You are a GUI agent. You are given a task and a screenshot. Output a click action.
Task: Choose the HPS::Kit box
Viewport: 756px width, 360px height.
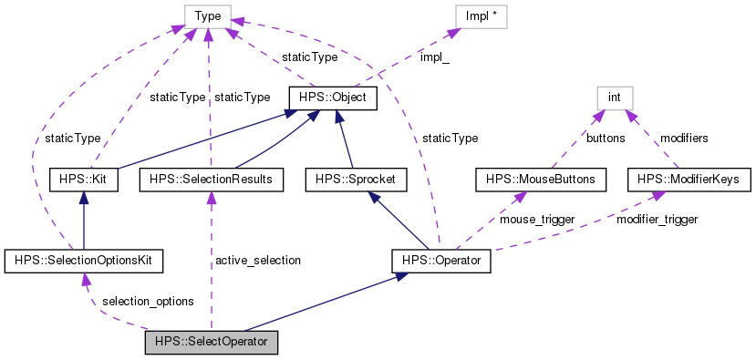pos(84,180)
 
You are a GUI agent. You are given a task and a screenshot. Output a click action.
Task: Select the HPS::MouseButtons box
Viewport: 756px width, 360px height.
pos(540,180)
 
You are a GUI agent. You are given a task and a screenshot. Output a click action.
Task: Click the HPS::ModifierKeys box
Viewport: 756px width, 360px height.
pos(689,180)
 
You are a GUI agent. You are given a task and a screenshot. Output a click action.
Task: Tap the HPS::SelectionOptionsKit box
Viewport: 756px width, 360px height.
pos(84,262)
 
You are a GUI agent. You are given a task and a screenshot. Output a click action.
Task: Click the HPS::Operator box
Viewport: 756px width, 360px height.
pos(441,262)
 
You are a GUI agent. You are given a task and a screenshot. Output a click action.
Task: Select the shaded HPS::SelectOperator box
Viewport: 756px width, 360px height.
pos(211,343)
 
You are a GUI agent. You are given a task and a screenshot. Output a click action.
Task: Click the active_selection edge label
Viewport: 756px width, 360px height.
pos(258,261)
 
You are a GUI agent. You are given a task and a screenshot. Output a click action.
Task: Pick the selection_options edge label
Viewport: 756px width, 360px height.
pos(148,301)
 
